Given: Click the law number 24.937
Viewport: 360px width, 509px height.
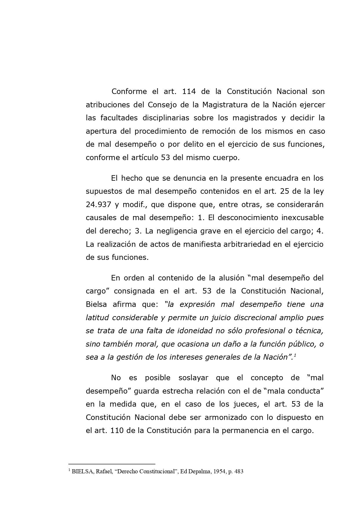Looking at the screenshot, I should tap(99, 204).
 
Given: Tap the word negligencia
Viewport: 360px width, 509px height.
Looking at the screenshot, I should tap(172, 231).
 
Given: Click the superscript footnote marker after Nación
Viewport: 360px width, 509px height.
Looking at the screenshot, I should tap(294, 355).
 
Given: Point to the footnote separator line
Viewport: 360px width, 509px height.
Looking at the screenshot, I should tap(112, 464).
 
